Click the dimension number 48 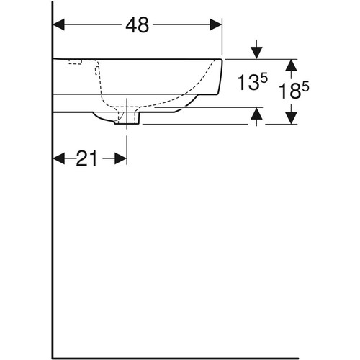[x=138, y=25]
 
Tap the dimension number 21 [x=86, y=158]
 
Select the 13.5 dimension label [x=252, y=82]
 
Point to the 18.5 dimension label [x=294, y=91]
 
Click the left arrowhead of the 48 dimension [x=58, y=24]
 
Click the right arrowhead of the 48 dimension [x=216, y=24]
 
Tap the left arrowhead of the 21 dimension [x=58, y=158]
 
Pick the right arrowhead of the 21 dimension [x=121, y=158]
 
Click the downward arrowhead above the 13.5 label [x=257, y=53]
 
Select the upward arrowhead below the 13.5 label [x=257, y=114]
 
